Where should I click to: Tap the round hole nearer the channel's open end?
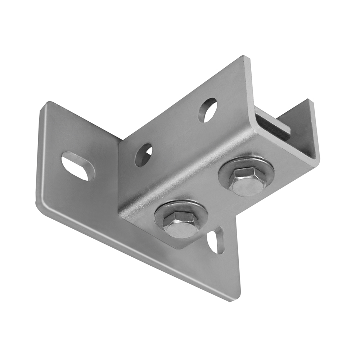[x=208, y=109]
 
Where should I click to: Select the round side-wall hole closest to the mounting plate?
[x=143, y=155]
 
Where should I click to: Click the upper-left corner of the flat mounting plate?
[x=46, y=104]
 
